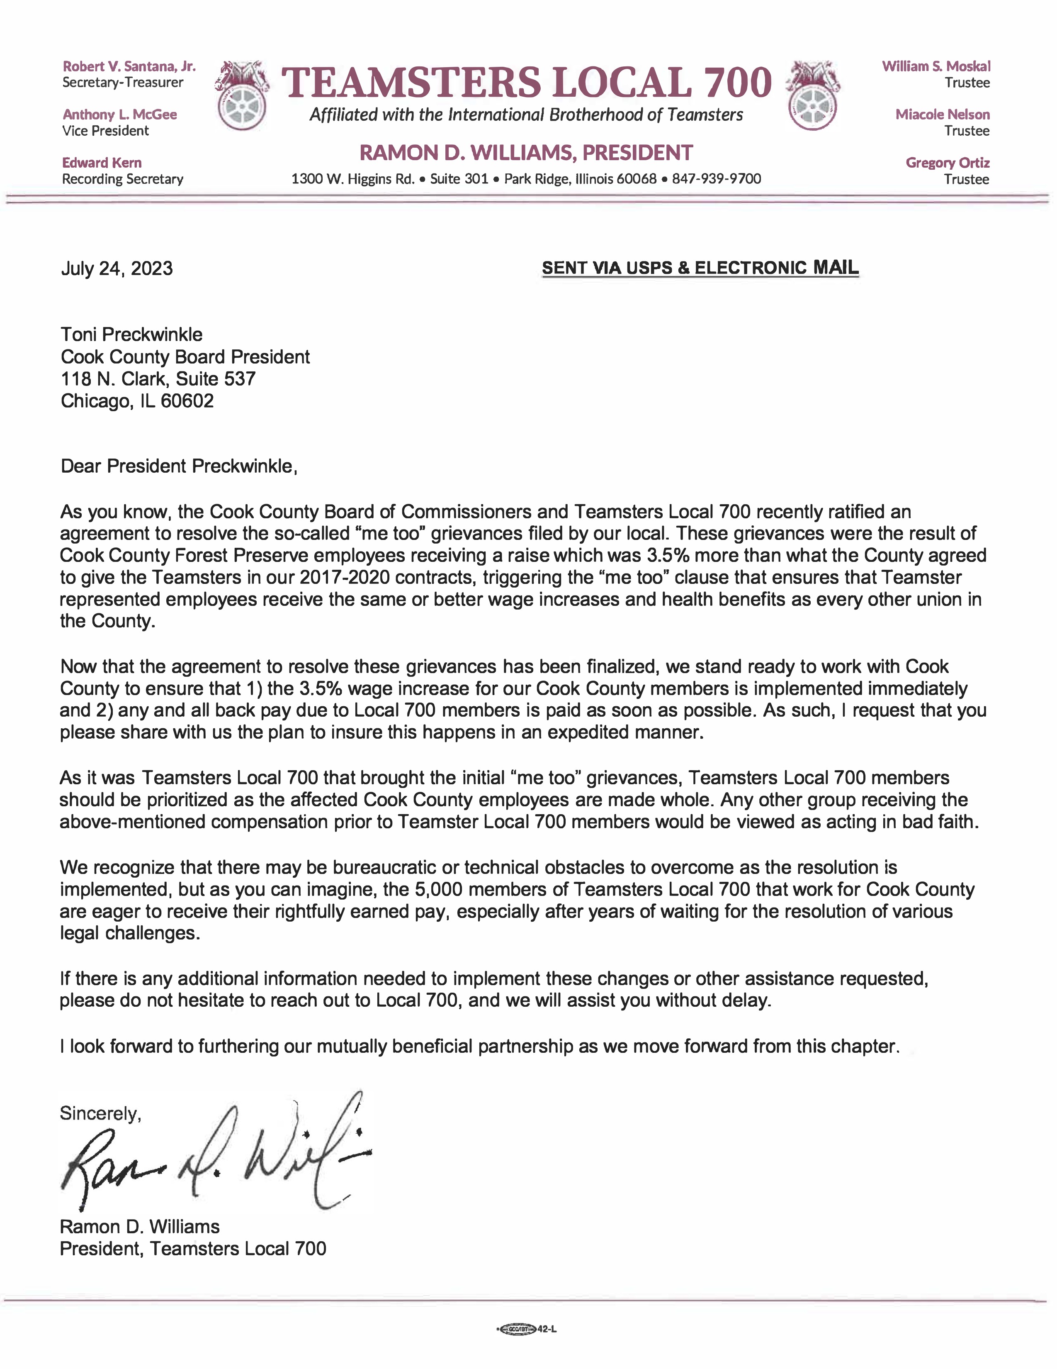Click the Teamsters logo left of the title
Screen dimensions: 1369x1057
click(243, 95)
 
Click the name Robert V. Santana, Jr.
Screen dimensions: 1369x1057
click(129, 66)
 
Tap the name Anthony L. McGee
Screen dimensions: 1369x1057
click(120, 115)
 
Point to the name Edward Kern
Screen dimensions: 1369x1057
click(102, 163)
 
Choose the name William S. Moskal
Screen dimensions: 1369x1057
click(936, 66)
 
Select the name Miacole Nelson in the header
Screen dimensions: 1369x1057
click(942, 115)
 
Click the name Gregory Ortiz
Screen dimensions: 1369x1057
click(948, 163)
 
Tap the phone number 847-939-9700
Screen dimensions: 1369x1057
click(716, 179)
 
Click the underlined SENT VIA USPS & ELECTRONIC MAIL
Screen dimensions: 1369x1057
click(700, 268)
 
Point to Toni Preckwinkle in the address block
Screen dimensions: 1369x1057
click(131, 335)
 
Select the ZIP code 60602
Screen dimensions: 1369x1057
click(187, 401)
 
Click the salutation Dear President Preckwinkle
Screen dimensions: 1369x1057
click(179, 466)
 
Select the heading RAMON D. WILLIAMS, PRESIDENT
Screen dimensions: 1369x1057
click(526, 153)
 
